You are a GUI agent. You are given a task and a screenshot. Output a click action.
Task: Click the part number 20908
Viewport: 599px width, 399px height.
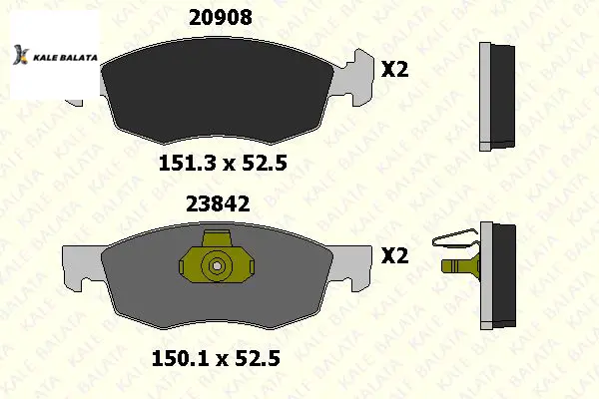pyautogui.click(x=221, y=18)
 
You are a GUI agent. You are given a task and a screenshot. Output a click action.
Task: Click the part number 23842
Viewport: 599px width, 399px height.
pyautogui.click(x=218, y=203)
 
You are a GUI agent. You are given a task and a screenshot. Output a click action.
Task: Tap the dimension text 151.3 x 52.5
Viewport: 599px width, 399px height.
pyautogui.click(x=223, y=163)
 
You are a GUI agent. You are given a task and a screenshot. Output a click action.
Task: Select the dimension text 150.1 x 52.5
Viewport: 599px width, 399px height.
pyautogui.click(x=217, y=358)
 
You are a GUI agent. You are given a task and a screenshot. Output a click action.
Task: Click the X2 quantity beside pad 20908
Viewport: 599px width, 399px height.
pyautogui.click(x=395, y=70)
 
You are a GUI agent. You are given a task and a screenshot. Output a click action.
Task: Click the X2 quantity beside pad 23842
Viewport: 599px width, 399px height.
pyautogui.click(x=395, y=255)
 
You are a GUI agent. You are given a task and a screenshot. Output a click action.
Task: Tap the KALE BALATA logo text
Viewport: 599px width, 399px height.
pyautogui.click(x=65, y=58)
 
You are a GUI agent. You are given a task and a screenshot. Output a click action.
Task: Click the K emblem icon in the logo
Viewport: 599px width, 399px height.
pyautogui.click(x=21, y=55)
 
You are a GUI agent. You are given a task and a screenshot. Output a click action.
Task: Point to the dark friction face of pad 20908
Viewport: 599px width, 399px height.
pyautogui.click(x=218, y=92)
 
